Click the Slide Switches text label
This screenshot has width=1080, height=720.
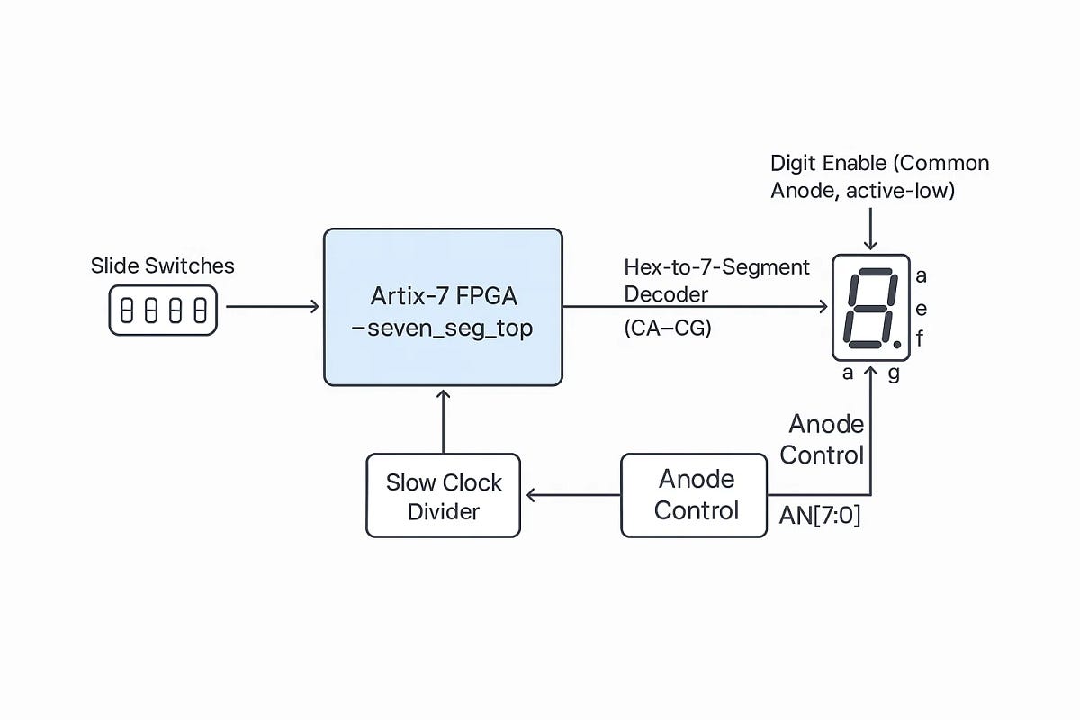[162, 265]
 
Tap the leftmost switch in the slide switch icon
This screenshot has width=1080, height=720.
[127, 311]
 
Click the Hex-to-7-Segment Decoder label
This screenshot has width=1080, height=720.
[716, 281]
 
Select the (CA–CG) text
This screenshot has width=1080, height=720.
[667, 329]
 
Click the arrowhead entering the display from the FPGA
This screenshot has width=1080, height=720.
[822, 307]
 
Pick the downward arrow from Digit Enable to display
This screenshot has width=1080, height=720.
[870, 230]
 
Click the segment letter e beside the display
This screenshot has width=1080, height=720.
[921, 309]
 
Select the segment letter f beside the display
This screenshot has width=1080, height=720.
[920, 339]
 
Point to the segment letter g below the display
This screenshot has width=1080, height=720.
[894, 373]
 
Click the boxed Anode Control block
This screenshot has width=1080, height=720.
[694, 495]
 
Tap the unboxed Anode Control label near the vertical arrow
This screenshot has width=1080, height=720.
[822, 439]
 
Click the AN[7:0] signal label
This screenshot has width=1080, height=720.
[819, 517]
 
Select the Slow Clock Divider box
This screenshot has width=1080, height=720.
[443, 496]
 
